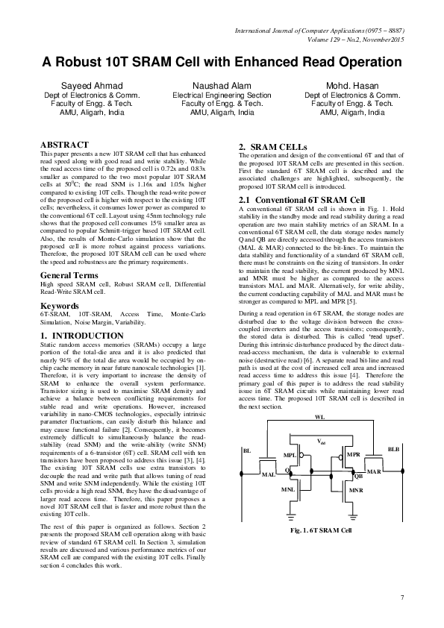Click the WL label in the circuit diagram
(319, 415)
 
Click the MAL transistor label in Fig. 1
(268, 474)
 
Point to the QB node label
(358, 475)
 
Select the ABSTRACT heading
(65, 144)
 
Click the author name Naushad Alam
(222, 87)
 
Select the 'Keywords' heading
(60, 326)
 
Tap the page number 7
(401, 597)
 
